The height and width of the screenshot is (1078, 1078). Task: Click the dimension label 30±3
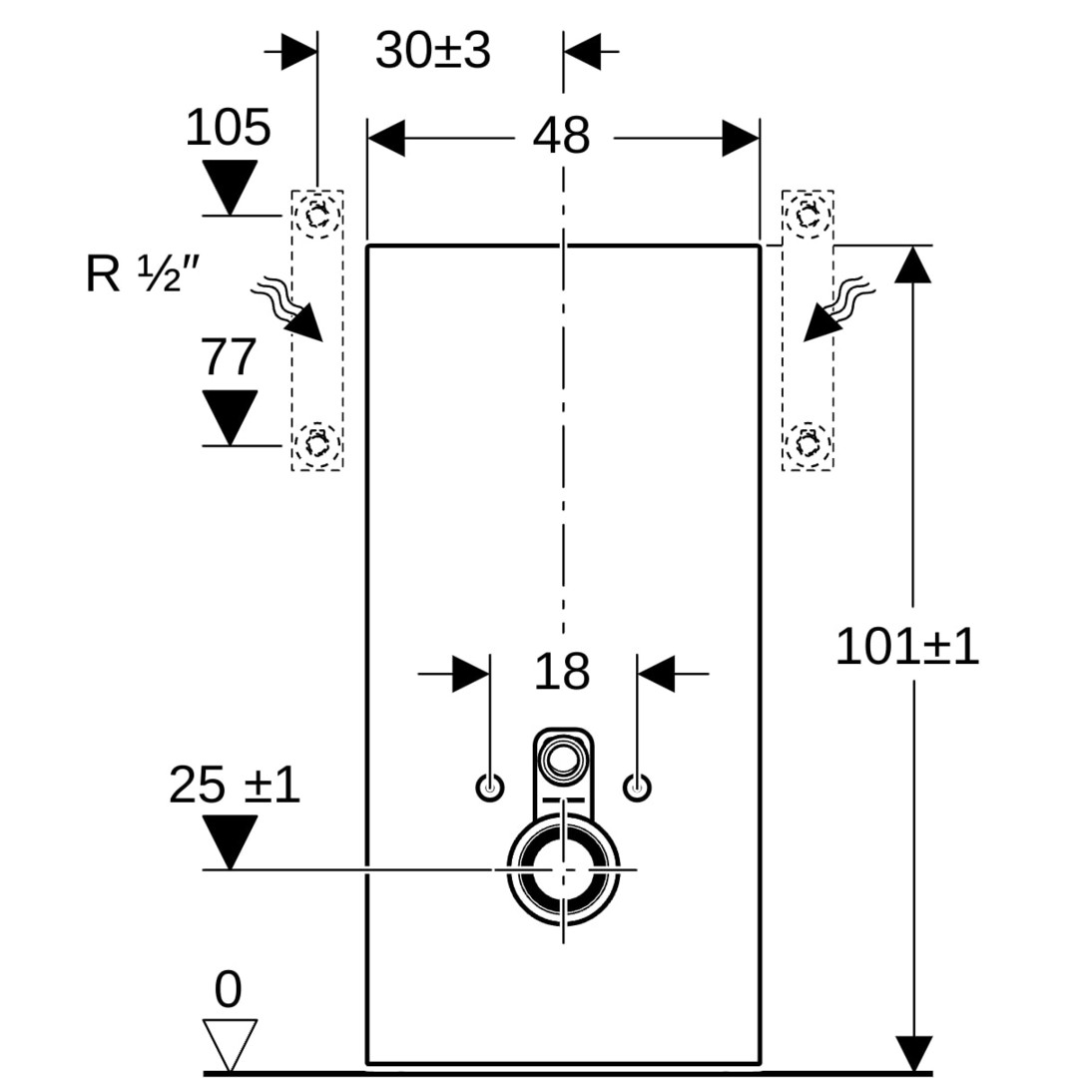pyautogui.click(x=433, y=51)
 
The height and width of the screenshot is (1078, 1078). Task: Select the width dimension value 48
pyautogui.click(x=561, y=137)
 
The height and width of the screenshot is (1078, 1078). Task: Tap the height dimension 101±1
pyautogui.click(x=906, y=647)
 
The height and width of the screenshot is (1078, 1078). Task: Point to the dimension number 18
pyautogui.click(x=562, y=672)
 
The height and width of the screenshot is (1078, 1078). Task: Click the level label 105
pyautogui.click(x=229, y=129)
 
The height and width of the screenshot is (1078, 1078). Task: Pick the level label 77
pyautogui.click(x=230, y=357)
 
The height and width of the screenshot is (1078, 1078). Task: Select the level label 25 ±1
pyautogui.click(x=234, y=786)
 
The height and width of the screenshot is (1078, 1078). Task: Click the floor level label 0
pyautogui.click(x=229, y=990)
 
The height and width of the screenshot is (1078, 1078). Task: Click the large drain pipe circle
pyautogui.click(x=564, y=869)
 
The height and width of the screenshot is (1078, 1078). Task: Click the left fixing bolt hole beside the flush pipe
pyautogui.click(x=490, y=788)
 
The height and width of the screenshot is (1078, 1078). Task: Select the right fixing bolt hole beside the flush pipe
pyautogui.click(x=638, y=788)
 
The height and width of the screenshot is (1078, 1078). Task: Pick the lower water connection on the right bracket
pyautogui.click(x=807, y=440)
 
